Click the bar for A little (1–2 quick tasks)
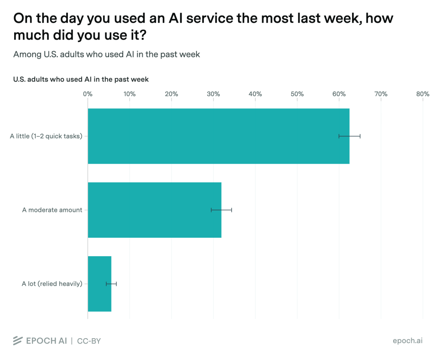click(218, 136)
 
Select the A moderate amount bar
click(155, 210)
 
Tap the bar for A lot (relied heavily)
click(100, 284)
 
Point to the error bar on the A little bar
click(350, 136)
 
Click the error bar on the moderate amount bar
click(221, 210)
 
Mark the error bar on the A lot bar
click(111, 284)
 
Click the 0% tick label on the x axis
click(88, 94)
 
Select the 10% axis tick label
click(130, 94)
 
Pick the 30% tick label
click(213, 94)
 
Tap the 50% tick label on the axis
click(297, 94)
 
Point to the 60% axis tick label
click(339, 94)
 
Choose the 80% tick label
click(423, 94)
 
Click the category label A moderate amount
click(52, 210)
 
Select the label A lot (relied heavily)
click(52, 284)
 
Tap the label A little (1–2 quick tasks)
click(46, 136)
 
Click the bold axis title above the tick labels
click(81, 80)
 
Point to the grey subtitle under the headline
click(107, 54)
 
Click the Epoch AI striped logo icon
click(18, 341)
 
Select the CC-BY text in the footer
click(89, 341)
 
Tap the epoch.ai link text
click(408, 341)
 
